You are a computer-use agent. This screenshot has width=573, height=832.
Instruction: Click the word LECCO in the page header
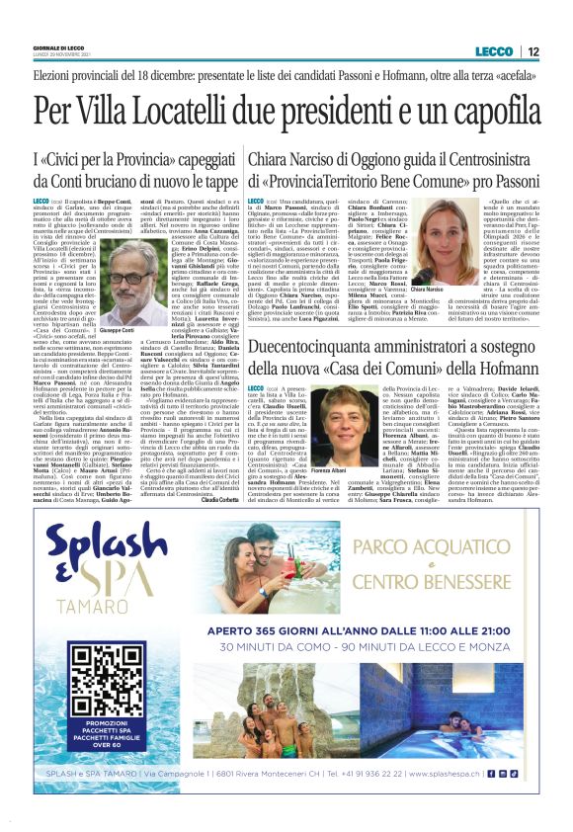pos(493,51)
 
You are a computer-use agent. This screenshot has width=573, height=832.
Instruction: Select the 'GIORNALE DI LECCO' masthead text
pos(60,48)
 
